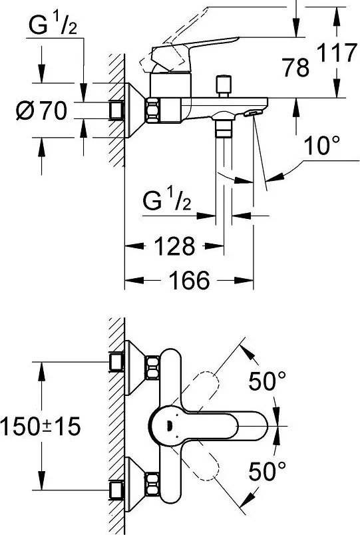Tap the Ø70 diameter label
click(x=41, y=111)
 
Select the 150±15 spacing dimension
click(x=41, y=427)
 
